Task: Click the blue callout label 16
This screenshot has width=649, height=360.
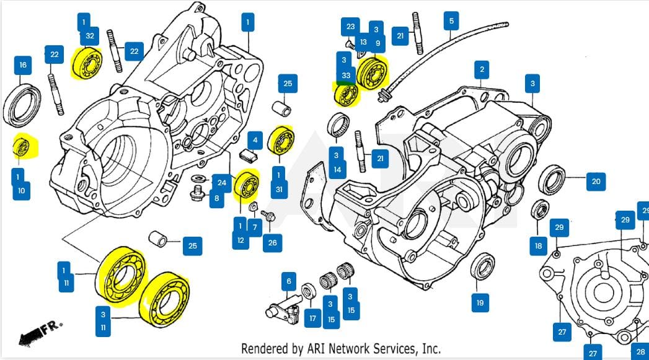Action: [23, 65]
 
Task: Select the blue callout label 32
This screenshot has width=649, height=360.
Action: [91, 35]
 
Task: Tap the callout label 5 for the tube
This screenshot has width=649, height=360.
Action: [451, 21]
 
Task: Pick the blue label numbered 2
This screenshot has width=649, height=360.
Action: [482, 69]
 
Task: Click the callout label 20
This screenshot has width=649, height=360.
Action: [596, 182]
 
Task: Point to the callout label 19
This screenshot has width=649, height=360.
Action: [480, 303]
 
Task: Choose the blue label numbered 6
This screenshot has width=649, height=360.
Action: [288, 282]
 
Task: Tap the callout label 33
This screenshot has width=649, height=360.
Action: [346, 76]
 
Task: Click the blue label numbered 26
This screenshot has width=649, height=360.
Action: [272, 242]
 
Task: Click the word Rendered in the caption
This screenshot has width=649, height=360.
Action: [265, 349]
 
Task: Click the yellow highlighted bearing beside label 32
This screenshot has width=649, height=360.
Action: [86, 64]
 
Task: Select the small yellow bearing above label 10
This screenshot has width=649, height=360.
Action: [23, 147]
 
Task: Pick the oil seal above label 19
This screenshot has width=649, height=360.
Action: [482, 267]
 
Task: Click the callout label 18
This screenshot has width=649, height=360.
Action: [538, 246]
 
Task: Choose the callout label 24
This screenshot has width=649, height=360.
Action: [221, 182]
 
